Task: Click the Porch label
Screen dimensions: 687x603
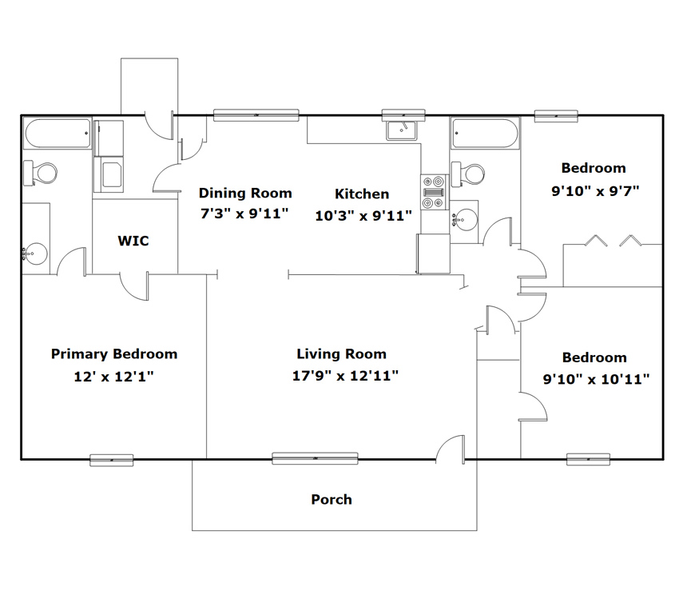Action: pos(332,499)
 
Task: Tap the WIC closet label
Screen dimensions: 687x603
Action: pos(133,241)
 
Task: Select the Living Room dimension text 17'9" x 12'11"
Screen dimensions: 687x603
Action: pos(345,376)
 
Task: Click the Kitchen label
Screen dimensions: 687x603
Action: pos(362,194)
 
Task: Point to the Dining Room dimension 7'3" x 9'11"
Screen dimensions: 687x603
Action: pos(244,214)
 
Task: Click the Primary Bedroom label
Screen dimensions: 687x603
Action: pos(114,354)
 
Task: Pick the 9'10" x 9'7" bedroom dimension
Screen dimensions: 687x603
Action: pos(595,191)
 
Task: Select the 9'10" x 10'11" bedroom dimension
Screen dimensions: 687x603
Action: pos(596,379)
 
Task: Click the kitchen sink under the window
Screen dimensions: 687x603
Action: pos(401,130)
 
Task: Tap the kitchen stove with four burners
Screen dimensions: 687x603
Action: pos(434,192)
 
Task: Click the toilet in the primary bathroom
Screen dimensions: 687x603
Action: pos(40,173)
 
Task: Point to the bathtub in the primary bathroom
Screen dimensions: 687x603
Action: pos(57,134)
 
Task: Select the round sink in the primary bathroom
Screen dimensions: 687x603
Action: pos(34,253)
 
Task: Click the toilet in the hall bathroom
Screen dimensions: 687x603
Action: pos(467,174)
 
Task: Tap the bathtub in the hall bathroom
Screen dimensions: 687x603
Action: pos(485,134)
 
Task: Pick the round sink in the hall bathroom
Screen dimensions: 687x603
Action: pos(465,219)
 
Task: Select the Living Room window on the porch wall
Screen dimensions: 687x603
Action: pos(315,459)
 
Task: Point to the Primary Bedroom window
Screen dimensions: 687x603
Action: pos(111,460)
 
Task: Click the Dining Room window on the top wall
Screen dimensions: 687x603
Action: pos(256,115)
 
